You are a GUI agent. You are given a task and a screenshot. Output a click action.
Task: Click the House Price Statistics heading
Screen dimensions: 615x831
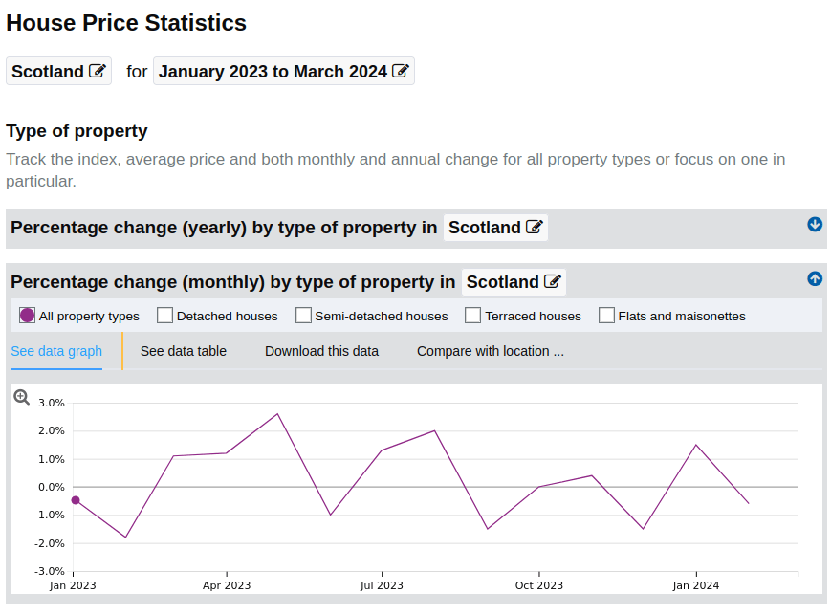tap(126, 23)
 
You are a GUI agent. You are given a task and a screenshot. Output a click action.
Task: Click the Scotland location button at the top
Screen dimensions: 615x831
tap(58, 72)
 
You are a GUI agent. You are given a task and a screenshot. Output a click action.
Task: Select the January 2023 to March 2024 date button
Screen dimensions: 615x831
tap(283, 72)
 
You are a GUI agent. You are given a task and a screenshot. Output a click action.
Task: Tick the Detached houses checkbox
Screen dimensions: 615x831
tap(164, 316)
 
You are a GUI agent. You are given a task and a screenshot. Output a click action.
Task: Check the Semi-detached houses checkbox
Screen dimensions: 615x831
tap(303, 316)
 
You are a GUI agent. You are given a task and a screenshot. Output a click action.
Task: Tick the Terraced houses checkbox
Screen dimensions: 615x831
tap(472, 316)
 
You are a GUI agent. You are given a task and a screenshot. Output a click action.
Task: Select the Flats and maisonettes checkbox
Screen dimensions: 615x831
tap(606, 316)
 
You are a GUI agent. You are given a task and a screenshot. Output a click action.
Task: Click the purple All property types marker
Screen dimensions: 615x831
tap(27, 316)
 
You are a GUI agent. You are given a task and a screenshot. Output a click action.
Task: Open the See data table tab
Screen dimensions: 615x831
tap(184, 351)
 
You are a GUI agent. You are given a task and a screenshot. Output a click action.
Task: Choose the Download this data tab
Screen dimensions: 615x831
tap(321, 351)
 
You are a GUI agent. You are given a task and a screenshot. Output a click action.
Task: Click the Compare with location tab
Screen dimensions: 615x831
tap(490, 351)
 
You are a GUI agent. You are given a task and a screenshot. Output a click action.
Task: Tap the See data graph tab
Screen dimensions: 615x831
tap(56, 351)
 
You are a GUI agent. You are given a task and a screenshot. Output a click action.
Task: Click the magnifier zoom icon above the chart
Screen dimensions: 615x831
tap(22, 397)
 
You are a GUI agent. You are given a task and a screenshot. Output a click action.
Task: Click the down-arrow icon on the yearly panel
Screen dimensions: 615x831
tap(815, 224)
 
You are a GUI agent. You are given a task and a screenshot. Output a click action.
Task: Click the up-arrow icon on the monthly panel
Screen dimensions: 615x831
tap(815, 278)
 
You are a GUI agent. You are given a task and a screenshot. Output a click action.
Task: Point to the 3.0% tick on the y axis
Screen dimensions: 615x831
tap(50, 403)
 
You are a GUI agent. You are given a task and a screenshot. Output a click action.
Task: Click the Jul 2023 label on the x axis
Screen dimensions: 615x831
tap(381, 585)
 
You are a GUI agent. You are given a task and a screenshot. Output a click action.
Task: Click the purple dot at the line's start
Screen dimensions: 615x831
tap(76, 500)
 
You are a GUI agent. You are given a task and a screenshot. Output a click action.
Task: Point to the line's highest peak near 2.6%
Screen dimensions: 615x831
tap(277, 414)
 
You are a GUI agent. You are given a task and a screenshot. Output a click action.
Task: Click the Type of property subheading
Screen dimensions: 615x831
tap(77, 131)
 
